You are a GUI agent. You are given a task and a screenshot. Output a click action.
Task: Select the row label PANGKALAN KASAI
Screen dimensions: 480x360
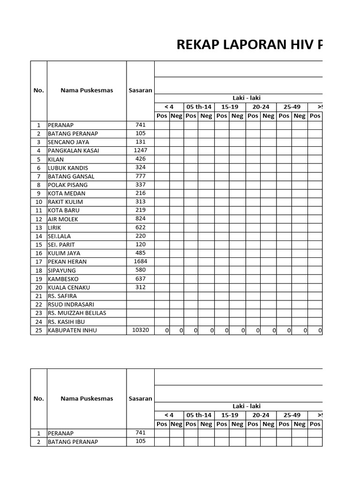tap(73, 151)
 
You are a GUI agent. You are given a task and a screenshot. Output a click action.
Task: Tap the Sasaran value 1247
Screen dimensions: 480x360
tap(140, 150)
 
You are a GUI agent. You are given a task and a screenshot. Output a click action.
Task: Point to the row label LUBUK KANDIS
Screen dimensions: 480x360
tap(68, 168)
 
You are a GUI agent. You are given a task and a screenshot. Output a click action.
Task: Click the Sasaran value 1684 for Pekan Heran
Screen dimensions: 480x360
tap(140, 261)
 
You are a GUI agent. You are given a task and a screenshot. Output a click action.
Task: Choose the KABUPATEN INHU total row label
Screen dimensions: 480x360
tap(73, 330)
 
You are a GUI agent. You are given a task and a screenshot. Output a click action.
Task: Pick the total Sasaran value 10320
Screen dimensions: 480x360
tap(140, 330)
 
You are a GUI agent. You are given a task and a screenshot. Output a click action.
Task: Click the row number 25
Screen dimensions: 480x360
tap(38, 330)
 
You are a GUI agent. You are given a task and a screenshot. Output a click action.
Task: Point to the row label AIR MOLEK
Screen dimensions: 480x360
tap(63, 219)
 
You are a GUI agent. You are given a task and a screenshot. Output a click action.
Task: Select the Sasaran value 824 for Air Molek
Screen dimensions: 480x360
tap(140, 218)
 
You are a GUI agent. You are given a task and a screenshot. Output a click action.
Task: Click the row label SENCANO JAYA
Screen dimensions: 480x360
tap(68, 142)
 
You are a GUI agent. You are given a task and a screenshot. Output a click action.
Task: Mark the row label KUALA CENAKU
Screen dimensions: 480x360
tap(69, 287)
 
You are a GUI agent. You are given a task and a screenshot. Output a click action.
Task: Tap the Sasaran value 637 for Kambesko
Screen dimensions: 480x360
tap(140, 278)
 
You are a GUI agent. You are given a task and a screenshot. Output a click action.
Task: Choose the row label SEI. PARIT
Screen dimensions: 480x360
tap(61, 245)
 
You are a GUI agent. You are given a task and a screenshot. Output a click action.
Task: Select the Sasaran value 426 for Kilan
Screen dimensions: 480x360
tap(140, 159)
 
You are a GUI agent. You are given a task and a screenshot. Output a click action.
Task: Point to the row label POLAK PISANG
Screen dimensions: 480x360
tap(67, 185)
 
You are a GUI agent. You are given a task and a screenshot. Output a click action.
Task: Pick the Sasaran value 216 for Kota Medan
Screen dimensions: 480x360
tap(140, 193)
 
